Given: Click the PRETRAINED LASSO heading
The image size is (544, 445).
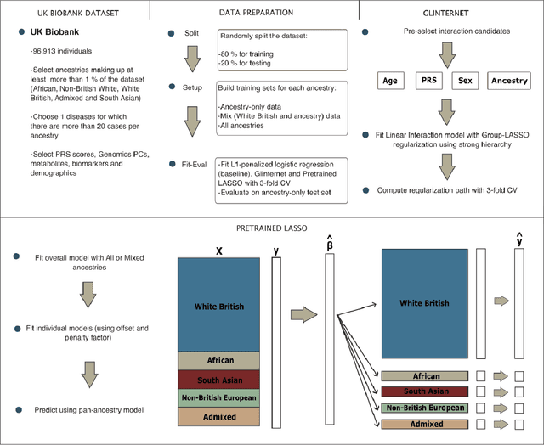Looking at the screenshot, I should point(271,227).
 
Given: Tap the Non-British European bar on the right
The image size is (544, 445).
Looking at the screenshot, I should point(424,407).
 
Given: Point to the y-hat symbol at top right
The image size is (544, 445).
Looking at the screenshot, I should point(519,241).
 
